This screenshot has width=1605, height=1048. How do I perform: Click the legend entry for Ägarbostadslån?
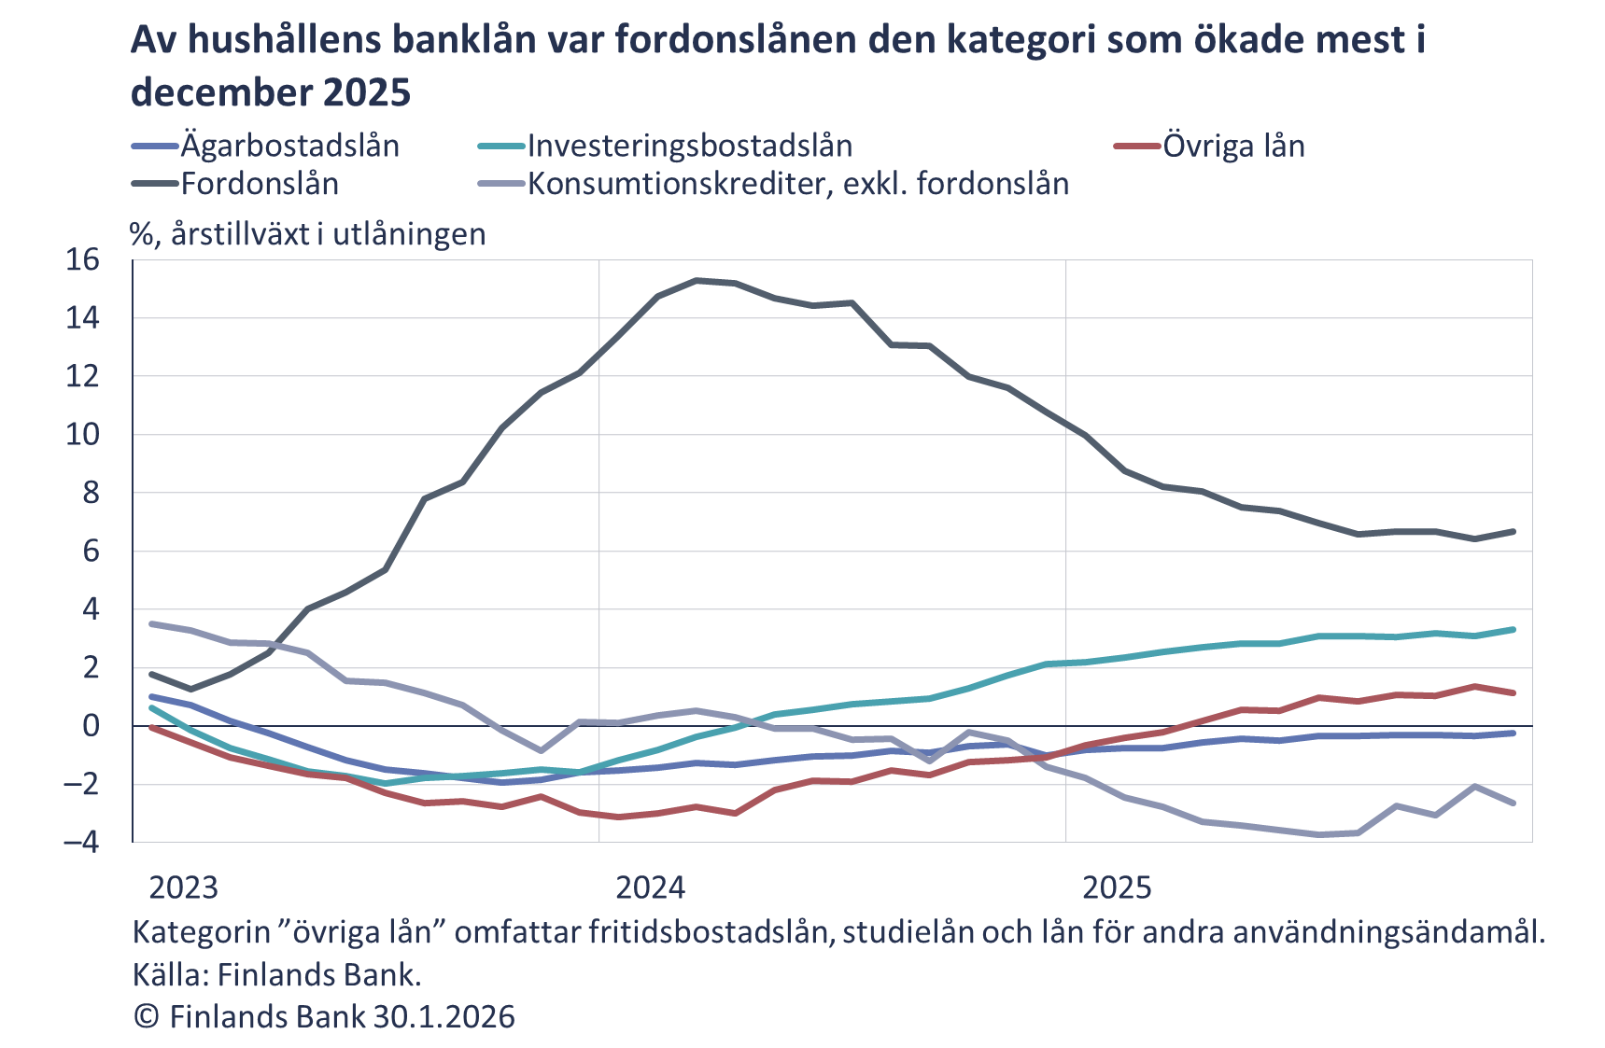(289, 147)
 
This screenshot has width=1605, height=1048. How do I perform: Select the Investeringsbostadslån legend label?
(689, 147)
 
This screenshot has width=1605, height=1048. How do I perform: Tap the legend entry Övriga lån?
(1233, 147)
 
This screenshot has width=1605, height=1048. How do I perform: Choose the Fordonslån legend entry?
(260, 184)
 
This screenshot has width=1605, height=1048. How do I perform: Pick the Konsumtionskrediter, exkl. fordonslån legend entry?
(798, 184)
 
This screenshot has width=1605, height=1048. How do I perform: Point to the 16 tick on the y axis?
(82, 259)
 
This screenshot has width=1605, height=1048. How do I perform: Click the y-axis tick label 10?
(82, 434)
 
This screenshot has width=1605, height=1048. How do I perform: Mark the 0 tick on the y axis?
(91, 726)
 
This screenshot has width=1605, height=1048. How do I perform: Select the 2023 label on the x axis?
(184, 887)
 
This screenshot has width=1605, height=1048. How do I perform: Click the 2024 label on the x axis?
(651, 887)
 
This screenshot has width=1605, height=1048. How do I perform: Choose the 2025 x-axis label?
(1117, 887)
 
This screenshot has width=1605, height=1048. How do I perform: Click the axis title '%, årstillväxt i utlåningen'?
(308, 234)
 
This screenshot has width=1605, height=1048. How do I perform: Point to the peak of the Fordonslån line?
(697, 280)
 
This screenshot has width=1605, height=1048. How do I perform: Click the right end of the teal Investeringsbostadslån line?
(1513, 630)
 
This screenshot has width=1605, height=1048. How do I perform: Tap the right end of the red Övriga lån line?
(1513, 692)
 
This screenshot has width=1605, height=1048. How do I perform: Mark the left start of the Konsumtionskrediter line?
(152, 623)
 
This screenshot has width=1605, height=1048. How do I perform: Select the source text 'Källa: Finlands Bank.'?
(277, 974)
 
